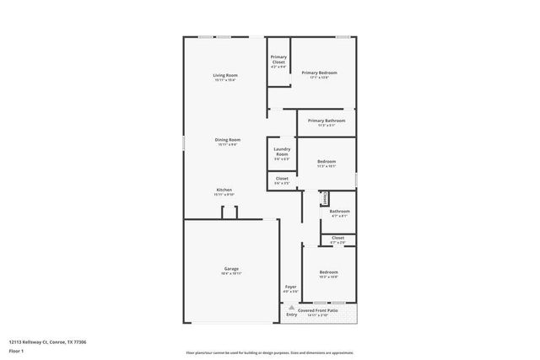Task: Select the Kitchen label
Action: pos(224,191)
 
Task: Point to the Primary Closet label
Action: pos(278,60)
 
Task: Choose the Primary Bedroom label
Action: pos(320,73)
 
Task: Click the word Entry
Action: pos(292,314)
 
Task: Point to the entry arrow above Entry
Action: pos(292,306)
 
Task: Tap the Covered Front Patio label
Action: pos(318,310)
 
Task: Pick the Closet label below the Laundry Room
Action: pos(282,179)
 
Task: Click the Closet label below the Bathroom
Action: pos(337,239)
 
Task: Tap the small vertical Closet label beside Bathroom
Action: pos(324,198)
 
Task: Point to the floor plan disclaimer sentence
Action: pos(269,353)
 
